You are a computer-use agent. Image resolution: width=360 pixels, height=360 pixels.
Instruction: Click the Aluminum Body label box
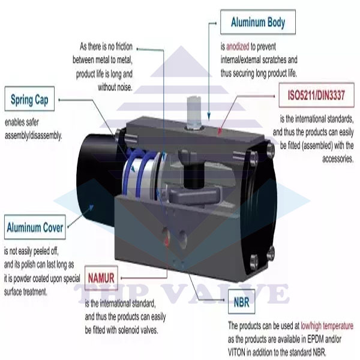tap(257, 23)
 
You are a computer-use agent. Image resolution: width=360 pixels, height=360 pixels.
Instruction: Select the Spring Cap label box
tap(29, 100)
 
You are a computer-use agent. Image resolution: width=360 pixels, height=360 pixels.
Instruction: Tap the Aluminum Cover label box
tap(35, 227)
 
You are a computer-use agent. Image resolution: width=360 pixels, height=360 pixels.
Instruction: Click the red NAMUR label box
tap(101, 278)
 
